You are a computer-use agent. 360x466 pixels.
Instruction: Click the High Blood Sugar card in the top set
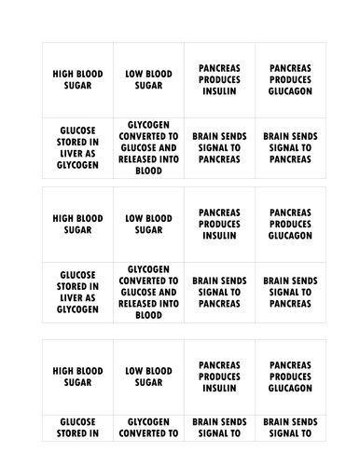point(77,80)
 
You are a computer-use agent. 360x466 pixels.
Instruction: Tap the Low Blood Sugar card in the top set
point(148,80)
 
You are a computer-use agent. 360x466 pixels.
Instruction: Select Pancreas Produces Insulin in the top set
point(219,80)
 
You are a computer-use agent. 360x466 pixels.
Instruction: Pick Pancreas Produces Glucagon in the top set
point(290,80)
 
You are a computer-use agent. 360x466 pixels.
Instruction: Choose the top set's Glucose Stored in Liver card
point(77,147)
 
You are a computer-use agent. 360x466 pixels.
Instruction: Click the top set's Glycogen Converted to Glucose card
point(148,147)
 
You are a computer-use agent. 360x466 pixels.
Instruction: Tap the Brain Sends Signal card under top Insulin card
point(219,147)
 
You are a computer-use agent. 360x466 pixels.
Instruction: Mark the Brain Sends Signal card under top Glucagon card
point(290,147)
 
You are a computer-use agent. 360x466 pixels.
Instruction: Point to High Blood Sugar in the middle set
point(77,225)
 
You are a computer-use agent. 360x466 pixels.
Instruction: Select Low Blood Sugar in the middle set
point(148,225)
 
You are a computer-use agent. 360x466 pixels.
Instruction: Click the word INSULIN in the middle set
point(219,236)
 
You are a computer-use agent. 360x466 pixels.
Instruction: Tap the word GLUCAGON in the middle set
point(290,236)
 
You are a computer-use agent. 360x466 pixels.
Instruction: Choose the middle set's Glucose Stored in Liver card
point(77,292)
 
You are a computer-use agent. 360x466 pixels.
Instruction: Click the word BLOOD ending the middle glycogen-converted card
point(148,315)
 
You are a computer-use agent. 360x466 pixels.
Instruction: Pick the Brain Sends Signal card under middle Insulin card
point(219,292)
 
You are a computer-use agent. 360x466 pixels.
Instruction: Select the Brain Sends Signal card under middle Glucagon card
point(290,292)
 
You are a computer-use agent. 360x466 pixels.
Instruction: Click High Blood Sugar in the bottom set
point(77,376)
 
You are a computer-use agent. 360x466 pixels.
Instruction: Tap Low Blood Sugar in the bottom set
point(148,376)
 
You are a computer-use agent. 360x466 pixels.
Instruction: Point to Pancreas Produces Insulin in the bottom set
point(219,376)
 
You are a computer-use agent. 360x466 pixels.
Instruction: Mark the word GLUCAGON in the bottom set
point(290,388)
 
